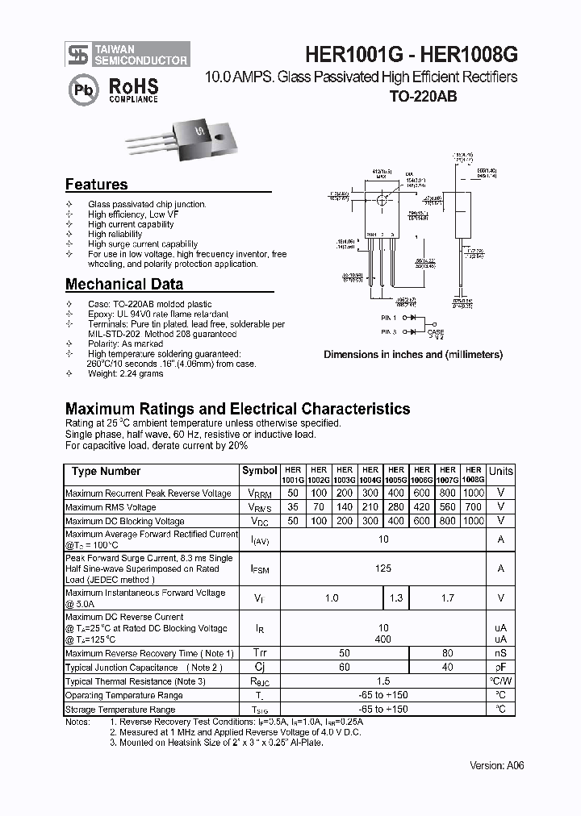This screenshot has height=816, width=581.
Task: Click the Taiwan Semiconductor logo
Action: point(127,53)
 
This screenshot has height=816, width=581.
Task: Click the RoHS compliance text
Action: point(133,90)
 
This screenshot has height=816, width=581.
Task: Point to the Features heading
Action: point(96,184)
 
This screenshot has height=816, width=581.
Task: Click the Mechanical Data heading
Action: point(123,284)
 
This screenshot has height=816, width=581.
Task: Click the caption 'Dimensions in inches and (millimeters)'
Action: point(413,354)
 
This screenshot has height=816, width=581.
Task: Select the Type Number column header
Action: point(106,471)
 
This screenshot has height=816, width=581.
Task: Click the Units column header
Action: point(500,471)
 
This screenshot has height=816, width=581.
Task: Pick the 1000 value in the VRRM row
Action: point(474,493)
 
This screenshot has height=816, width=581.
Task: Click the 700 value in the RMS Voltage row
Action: point(474,507)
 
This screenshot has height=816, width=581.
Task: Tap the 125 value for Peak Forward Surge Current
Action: point(383,568)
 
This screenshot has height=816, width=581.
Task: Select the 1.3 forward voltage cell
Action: point(395,597)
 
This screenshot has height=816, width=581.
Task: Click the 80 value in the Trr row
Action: point(448,652)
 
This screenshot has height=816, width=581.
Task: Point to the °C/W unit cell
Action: point(500,681)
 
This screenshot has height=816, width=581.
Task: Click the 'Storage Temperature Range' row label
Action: point(120,710)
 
